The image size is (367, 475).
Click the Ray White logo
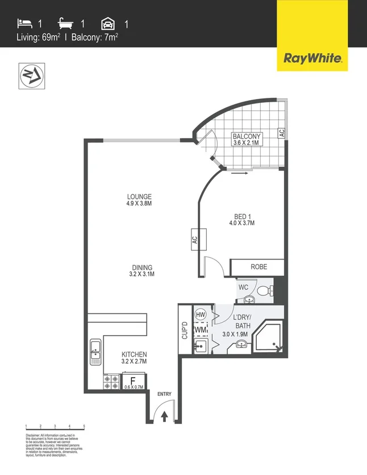click(x=312, y=57)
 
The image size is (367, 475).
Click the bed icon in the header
click(x=24, y=24)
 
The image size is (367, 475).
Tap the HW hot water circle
click(x=200, y=315)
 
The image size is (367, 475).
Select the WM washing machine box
click(x=200, y=330)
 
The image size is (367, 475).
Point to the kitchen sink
click(x=95, y=352)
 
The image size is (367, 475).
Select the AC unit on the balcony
click(x=281, y=133)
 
